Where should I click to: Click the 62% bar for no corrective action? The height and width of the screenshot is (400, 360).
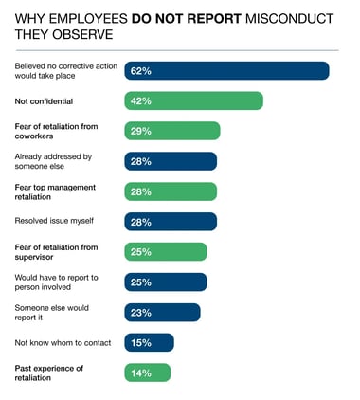coord(226,71)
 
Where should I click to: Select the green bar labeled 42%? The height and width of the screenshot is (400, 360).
coord(193,101)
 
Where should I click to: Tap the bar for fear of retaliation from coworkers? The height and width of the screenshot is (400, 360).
coord(172,131)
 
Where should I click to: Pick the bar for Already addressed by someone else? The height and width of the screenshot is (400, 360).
coord(171,161)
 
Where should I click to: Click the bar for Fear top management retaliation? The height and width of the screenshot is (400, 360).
coord(171,191)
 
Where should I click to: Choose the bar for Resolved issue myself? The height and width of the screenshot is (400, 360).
coord(171,222)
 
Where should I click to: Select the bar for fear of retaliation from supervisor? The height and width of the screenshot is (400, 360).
coord(166,251)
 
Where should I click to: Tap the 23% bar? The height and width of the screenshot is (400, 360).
coord(162,312)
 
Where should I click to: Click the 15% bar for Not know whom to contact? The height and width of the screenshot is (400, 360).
coord(149,342)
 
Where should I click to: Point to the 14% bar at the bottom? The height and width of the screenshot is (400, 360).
coord(148,373)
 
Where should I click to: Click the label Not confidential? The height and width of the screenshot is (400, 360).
coord(45,101)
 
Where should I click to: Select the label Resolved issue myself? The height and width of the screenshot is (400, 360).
coord(54,222)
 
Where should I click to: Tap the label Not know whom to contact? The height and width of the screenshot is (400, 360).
coord(62,342)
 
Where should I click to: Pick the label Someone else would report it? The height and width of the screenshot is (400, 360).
coord(52,312)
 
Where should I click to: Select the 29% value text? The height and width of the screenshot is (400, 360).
coord(141,131)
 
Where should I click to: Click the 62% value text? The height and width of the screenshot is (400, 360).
coord(141,71)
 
